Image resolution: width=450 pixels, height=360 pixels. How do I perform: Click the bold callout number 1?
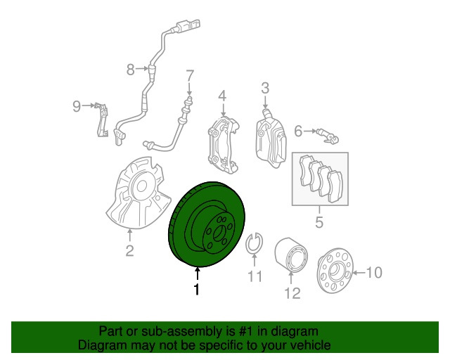coord(197,289)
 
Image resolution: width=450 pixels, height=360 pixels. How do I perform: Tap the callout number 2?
coord(129,250)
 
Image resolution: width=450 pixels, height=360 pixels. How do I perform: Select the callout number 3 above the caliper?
coord(265,88)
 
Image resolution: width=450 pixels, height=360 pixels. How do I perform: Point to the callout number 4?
coord(222,96)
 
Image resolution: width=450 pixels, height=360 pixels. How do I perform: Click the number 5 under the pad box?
coord(319,222)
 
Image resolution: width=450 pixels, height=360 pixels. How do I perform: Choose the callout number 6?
coord(298,131)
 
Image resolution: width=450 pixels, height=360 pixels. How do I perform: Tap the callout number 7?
coord(190,76)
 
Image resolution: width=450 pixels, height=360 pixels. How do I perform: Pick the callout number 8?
coord(131,69)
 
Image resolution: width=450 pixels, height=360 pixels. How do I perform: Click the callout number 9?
coord(77,106)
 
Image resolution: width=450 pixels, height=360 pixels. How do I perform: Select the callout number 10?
coord(374,272)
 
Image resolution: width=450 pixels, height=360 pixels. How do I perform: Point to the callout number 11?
coord(255,276)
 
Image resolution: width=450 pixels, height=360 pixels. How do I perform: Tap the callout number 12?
coord(292,293)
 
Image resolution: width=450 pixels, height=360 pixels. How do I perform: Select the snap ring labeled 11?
coord(254,244)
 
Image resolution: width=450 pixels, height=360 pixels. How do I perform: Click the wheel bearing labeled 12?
coord(291,254)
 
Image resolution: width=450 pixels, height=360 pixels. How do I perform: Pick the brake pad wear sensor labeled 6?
coord(328,136)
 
